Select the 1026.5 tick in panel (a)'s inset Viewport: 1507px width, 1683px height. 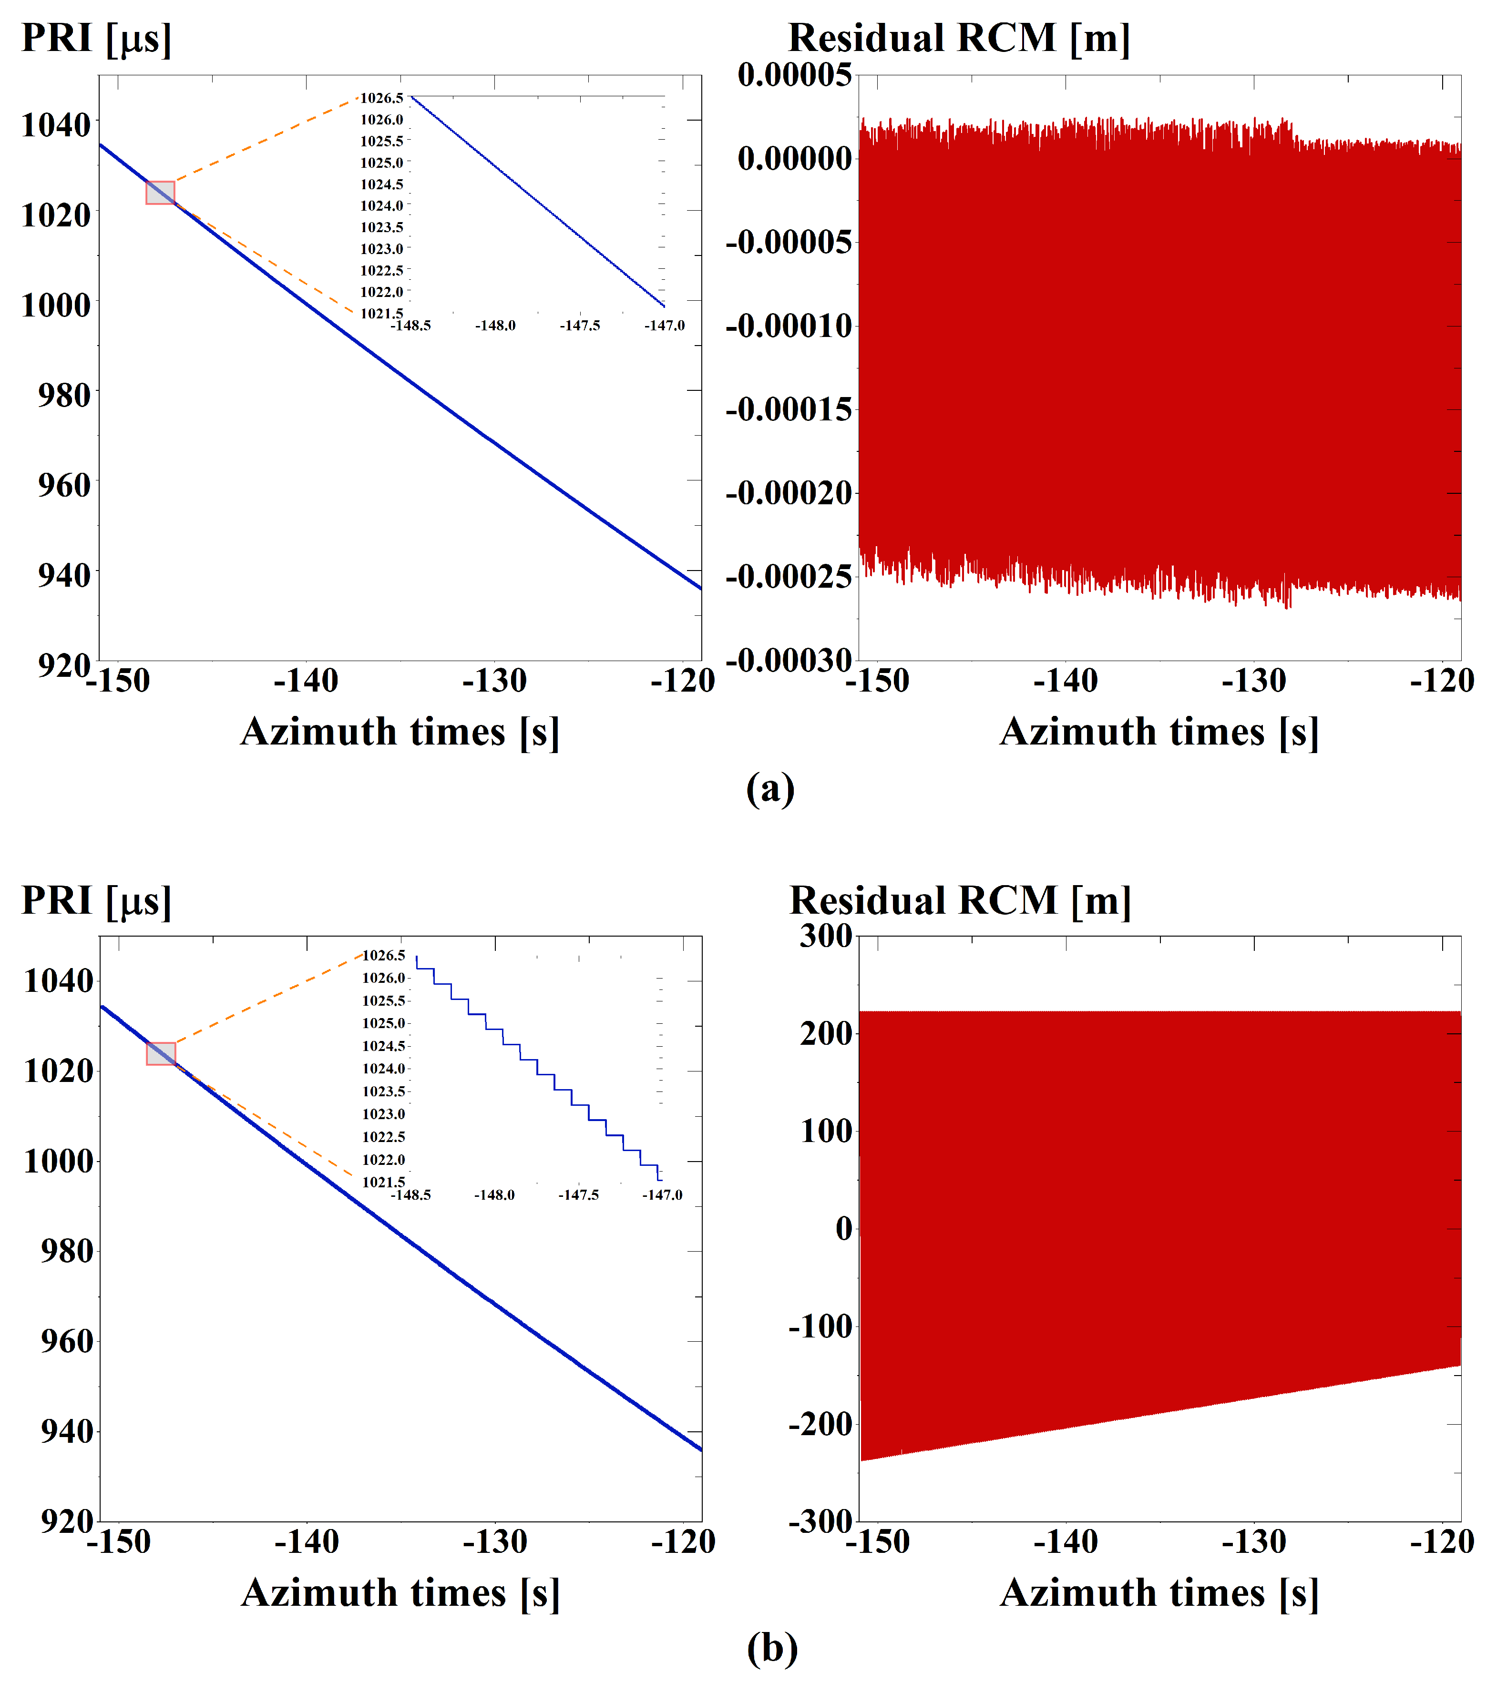(x=382, y=99)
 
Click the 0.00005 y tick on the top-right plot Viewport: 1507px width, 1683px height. (x=794, y=75)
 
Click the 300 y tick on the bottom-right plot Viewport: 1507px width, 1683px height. (x=826, y=936)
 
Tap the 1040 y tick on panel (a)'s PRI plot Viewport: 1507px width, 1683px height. (x=55, y=125)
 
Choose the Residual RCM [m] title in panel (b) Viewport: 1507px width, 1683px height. (x=961, y=901)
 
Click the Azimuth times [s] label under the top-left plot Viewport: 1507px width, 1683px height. (x=400, y=732)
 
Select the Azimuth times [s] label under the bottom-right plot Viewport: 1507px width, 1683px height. (x=1159, y=1593)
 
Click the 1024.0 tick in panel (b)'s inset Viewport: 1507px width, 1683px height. (x=383, y=1069)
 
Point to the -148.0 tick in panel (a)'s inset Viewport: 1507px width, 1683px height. (x=495, y=326)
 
